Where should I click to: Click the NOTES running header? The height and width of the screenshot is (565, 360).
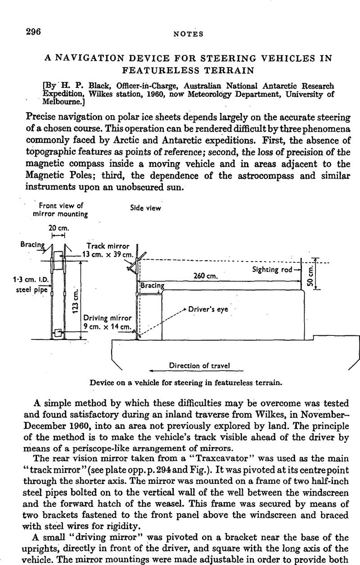click(191, 33)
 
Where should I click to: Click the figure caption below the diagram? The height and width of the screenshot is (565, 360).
click(185, 383)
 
